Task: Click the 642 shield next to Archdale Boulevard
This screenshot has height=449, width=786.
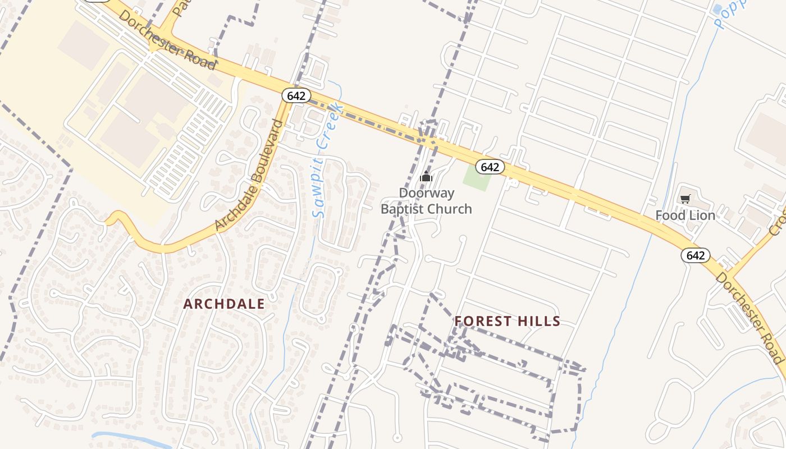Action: (x=296, y=95)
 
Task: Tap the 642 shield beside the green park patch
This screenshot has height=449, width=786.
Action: (x=490, y=167)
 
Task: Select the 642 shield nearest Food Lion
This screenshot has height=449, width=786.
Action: (x=695, y=255)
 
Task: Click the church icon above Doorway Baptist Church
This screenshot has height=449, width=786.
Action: (x=426, y=177)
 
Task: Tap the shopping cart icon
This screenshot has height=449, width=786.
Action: (x=685, y=199)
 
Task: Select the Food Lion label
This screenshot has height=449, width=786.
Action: (x=685, y=216)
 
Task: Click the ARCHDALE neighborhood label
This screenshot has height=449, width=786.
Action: (x=224, y=304)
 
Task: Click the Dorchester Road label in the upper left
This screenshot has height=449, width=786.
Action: (x=167, y=39)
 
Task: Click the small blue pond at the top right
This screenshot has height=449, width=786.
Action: (x=717, y=9)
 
